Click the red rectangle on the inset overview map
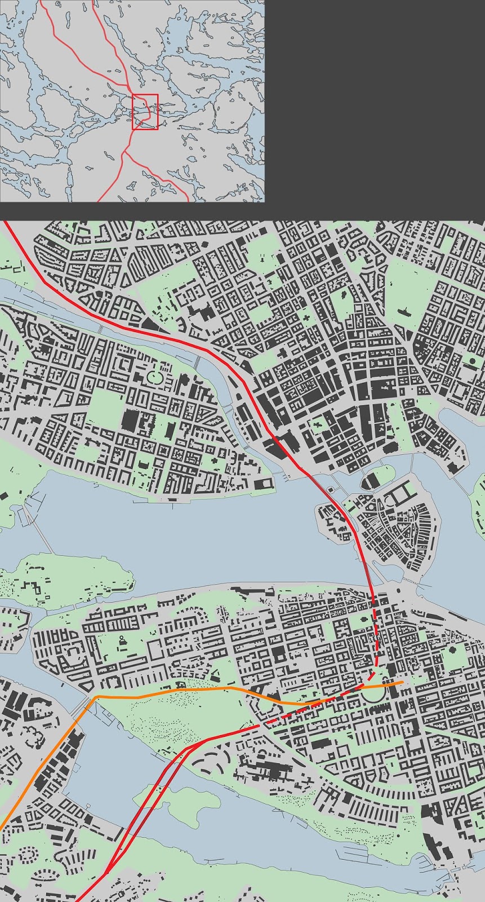[x=145, y=112]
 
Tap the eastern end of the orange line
[x=402, y=683]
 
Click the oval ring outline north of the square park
[x=155, y=376]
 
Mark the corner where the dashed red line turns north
[x=373, y=674]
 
